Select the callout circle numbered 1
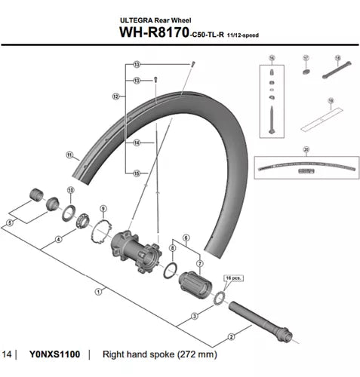99,290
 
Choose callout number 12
115,96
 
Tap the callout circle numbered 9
103,208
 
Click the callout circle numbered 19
330,100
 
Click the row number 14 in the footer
8,353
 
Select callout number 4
57,241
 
